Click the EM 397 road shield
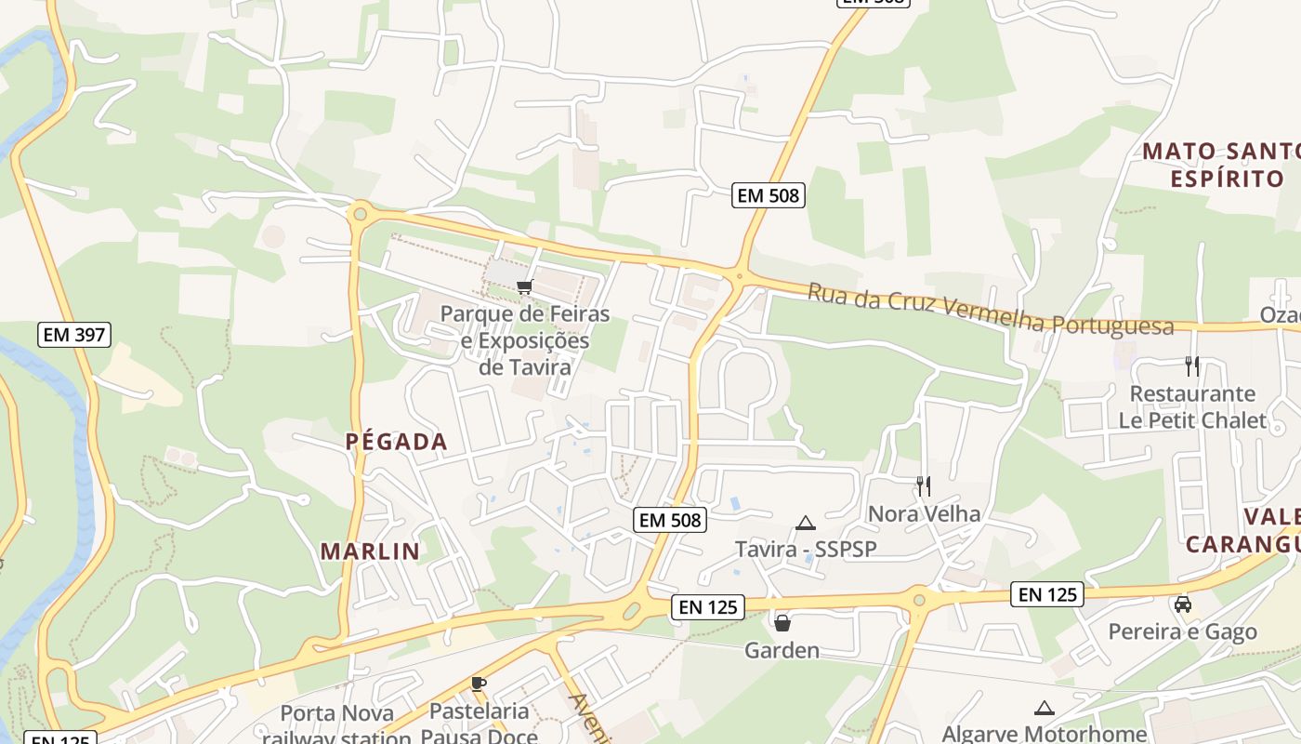coord(74,335)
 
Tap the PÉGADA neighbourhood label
coord(397,442)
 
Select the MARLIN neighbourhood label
coord(370,551)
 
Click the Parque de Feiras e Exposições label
coord(525,339)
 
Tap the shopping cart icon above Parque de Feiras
coord(525,286)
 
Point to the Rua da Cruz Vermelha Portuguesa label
coord(990,309)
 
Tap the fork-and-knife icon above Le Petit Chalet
coord(1193,365)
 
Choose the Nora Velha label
coord(924,513)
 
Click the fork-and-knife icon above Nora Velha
coord(924,485)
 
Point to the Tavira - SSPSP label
coord(806,549)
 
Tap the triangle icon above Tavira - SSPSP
coord(806,523)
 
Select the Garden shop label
coord(782,650)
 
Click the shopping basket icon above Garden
coord(782,622)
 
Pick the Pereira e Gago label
coord(1182,632)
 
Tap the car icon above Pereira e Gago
coord(1182,604)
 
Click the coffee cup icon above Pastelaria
coord(479,684)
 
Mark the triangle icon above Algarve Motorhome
coord(1045,709)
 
